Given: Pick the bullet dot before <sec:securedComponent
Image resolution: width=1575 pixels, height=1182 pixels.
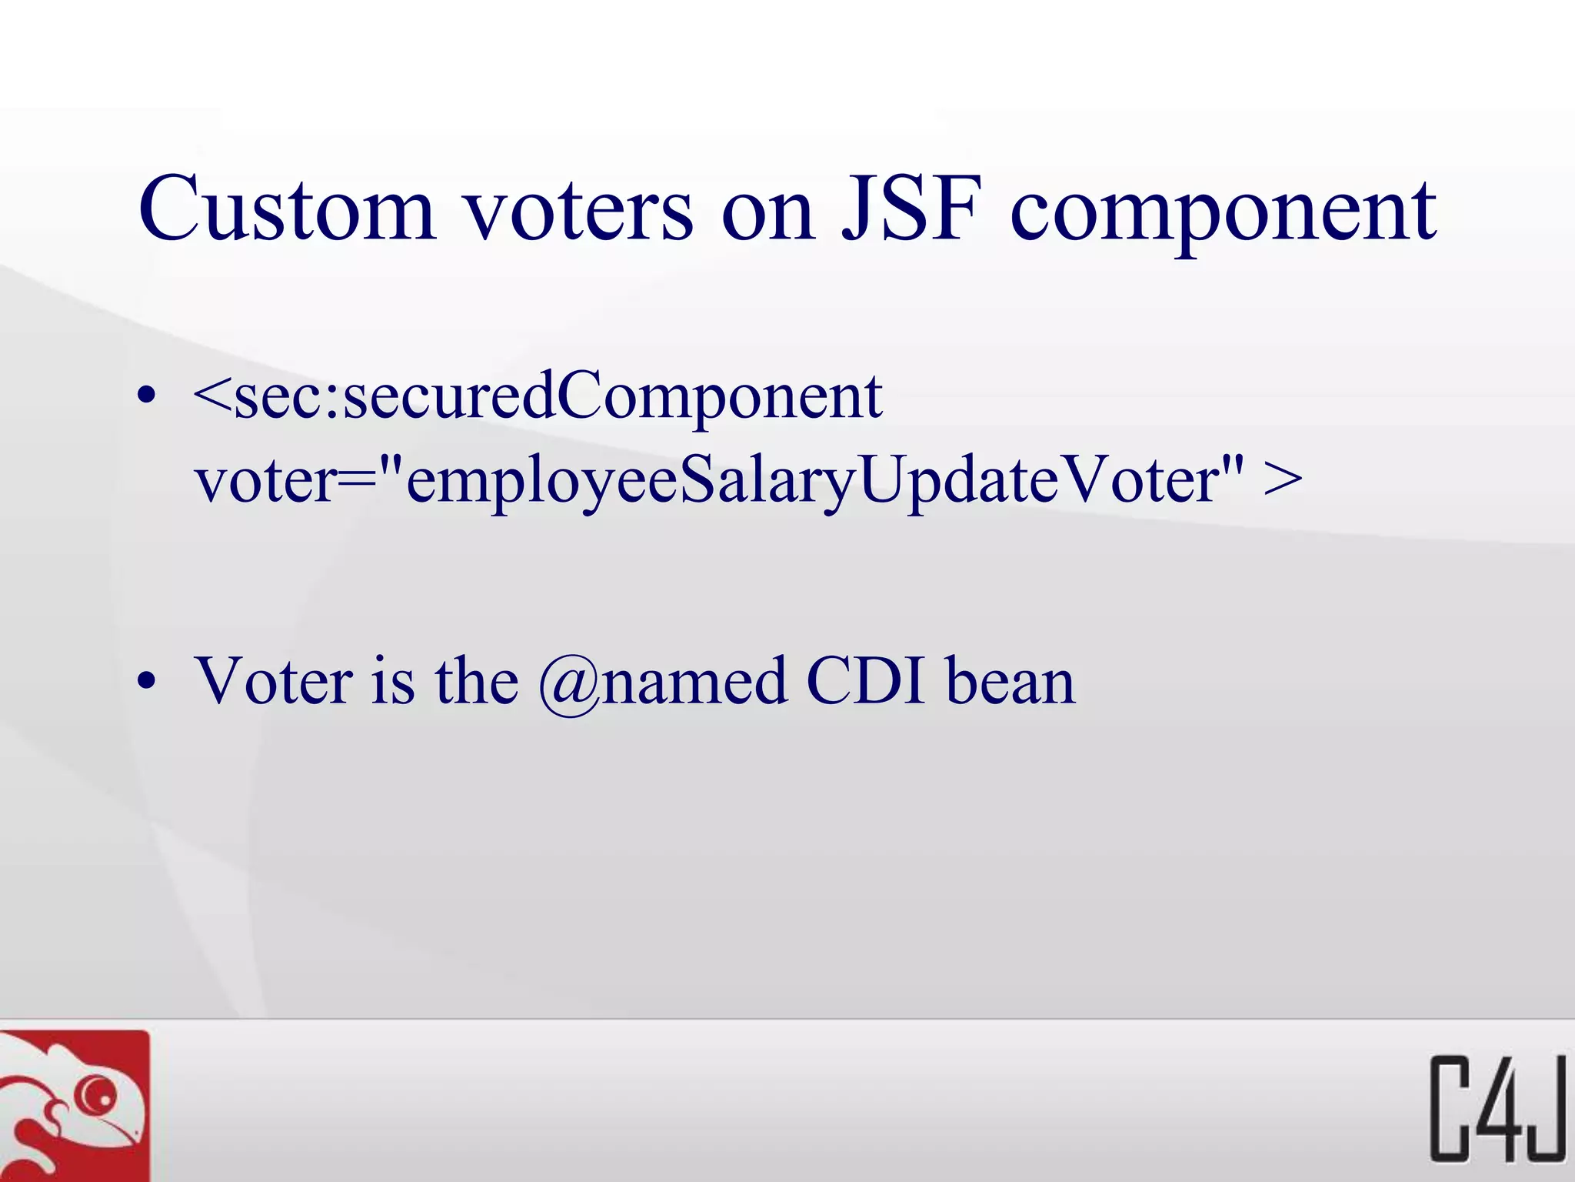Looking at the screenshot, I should tap(147, 397).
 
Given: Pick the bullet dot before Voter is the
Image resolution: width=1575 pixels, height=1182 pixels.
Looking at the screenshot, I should tap(147, 681).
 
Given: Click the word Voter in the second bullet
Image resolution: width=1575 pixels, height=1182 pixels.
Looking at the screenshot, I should tap(274, 681).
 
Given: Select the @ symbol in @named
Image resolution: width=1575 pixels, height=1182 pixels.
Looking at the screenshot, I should tap(569, 684).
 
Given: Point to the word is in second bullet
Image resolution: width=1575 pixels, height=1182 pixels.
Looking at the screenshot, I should tap(392, 681).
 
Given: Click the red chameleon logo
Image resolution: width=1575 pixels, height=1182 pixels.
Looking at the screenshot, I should tap(75, 1106).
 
